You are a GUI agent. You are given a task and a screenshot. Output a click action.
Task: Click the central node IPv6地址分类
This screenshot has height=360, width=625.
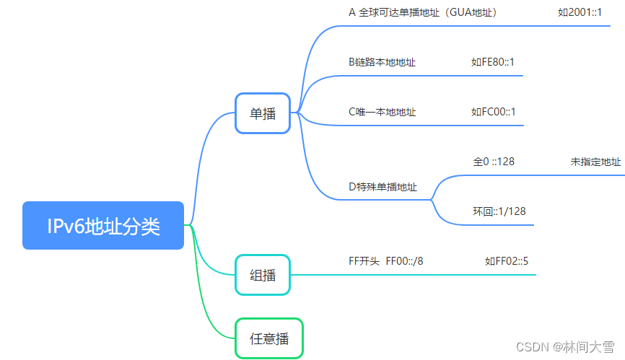[103, 226]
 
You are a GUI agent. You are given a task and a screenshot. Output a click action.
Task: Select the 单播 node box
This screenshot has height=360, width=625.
[263, 113]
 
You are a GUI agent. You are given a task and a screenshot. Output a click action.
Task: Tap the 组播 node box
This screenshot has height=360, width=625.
[263, 275]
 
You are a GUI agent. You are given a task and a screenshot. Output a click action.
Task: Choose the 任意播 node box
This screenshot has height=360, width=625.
[269, 338]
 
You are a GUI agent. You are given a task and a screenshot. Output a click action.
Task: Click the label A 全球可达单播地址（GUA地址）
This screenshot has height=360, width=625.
[422, 12]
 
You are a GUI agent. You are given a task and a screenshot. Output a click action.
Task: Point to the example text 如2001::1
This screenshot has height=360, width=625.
[580, 12]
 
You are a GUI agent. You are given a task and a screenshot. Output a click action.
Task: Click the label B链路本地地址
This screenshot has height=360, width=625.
[382, 62]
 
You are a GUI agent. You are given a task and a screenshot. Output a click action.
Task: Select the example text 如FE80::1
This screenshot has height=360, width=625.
[493, 62]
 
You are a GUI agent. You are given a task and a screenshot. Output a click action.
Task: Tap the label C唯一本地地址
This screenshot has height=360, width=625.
[382, 112]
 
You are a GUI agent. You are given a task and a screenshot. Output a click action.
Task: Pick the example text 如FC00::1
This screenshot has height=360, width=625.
[494, 112]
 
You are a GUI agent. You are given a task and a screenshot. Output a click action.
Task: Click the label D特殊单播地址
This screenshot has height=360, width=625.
[383, 187]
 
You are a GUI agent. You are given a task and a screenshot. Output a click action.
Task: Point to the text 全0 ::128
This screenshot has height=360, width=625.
[494, 162]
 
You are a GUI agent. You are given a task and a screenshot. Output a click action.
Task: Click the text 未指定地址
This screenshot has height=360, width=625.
[595, 162]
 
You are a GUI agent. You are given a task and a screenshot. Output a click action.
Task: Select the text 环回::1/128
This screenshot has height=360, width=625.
[499, 211]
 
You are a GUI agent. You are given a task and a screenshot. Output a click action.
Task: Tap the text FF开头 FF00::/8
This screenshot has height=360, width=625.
[385, 261]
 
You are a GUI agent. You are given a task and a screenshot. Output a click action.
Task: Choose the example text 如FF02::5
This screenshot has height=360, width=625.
[507, 261]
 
